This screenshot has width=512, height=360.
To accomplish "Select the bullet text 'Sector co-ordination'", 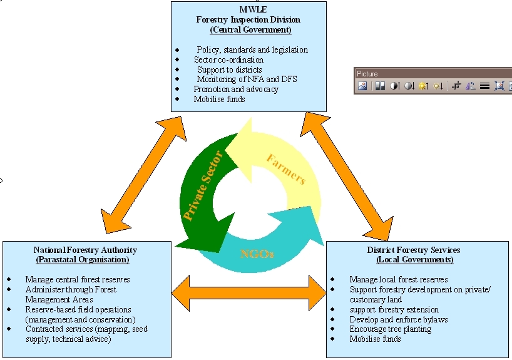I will pyautogui.click(x=228, y=59).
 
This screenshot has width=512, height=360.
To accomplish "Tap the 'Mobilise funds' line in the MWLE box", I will pyautogui.click(x=219, y=99).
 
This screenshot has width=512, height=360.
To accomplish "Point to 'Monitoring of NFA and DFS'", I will pyautogui.click(x=247, y=79).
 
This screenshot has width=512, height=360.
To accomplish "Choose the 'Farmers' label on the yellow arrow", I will pyautogui.click(x=285, y=169).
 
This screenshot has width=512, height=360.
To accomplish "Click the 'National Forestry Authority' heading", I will pyautogui.click(x=85, y=250).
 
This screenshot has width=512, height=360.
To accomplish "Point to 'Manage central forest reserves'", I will pyautogui.click(x=78, y=279).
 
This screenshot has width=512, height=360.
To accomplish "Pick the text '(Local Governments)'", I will pyautogui.click(x=411, y=259).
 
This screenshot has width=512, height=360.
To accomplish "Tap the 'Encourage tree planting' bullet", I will pyautogui.click(x=390, y=329).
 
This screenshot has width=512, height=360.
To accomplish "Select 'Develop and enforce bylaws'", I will pyautogui.click(x=399, y=319).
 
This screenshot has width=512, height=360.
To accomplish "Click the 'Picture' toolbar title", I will pyautogui.click(x=367, y=74).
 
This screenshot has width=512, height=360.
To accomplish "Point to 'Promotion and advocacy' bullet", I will pyautogui.click(x=236, y=89).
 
